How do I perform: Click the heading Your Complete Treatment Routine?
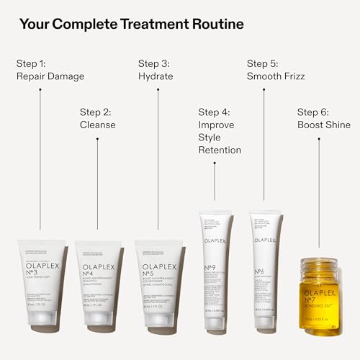[131, 24]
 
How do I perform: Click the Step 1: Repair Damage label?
[50, 69]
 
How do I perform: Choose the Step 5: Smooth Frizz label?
[274, 69]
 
